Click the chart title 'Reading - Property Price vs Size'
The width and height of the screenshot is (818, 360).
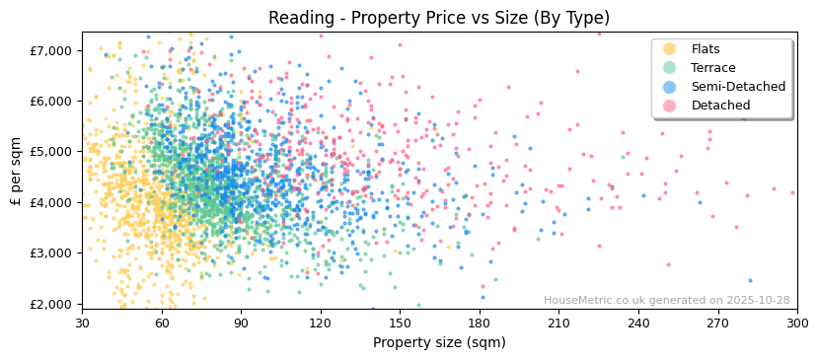[x=439, y=18]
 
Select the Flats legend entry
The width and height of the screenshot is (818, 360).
[x=706, y=49]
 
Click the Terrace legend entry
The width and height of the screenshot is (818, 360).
[x=712, y=68]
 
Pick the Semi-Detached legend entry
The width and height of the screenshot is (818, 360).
[x=738, y=87]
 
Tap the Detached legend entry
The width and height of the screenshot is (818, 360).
[x=720, y=106]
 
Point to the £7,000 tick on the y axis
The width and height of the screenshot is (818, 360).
[x=52, y=50]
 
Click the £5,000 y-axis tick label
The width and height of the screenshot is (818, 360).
[x=52, y=152]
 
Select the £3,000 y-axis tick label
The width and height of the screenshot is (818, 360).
[x=52, y=253]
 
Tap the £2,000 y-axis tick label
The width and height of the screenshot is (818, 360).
[x=52, y=304]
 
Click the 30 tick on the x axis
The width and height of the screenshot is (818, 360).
[x=83, y=323]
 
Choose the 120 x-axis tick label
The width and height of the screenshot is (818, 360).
[x=321, y=323]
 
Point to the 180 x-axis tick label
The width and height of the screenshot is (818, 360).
[x=480, y=323]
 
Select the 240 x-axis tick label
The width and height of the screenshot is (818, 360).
[x=638, y=323]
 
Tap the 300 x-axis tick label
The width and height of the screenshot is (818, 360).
[x=797, y=323]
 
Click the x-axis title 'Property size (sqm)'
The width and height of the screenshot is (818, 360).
[x=439, y=342]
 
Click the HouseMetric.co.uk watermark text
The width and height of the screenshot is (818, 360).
[x=666, y=301]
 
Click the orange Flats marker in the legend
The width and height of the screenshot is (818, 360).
[x=669, y=49]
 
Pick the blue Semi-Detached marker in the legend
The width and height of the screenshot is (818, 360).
[x=669, y=87]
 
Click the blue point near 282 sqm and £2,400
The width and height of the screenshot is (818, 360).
[x=750, y=280]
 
